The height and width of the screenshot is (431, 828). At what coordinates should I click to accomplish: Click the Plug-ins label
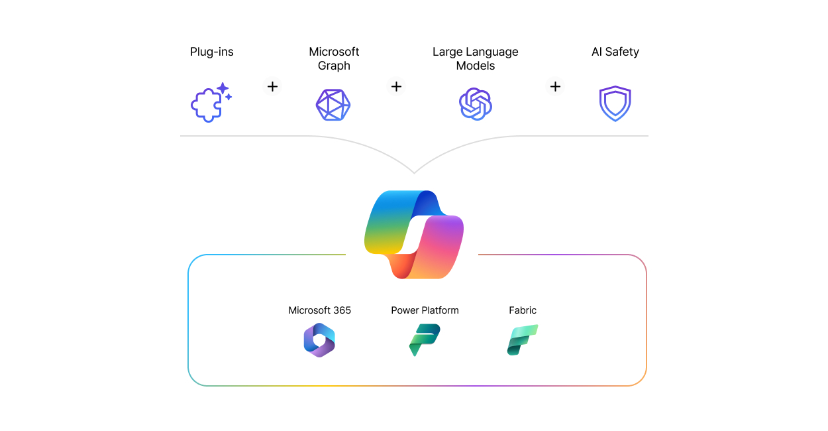point(211,52)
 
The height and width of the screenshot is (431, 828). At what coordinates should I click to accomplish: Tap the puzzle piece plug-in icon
point(207,105)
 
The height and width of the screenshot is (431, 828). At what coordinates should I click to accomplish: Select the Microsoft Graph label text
point(334,58)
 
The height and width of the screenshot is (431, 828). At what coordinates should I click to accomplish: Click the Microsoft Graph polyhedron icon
point(333,105)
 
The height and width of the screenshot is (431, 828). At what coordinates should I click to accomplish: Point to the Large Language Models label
point(476,58)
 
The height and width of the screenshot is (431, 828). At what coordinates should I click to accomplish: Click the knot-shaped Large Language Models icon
point(476,104)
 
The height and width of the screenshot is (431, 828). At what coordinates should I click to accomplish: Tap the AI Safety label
point(615,52)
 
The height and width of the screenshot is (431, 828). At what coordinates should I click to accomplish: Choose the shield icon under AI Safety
point(615,103)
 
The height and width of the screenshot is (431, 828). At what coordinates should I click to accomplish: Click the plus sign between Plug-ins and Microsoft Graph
point(272,87)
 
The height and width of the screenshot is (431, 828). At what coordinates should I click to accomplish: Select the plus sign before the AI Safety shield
point(555,87)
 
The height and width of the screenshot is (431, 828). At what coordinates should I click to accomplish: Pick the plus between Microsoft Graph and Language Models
point(396,87)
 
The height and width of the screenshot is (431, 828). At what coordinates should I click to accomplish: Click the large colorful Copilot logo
point(413,235)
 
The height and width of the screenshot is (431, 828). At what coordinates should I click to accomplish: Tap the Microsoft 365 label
point(319,310)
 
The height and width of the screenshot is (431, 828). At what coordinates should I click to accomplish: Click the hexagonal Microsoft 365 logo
point(319,340)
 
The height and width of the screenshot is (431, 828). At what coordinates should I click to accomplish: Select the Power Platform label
point(425,310)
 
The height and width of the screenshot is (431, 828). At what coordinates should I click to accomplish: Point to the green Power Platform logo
point(425,339)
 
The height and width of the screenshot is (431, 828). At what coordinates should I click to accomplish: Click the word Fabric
point(523,310)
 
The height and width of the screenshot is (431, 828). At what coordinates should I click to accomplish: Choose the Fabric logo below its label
point(523,339)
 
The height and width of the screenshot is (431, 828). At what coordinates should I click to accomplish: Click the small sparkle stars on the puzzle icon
point(225,91)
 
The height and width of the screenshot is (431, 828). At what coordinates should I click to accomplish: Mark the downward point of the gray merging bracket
point(414,173)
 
